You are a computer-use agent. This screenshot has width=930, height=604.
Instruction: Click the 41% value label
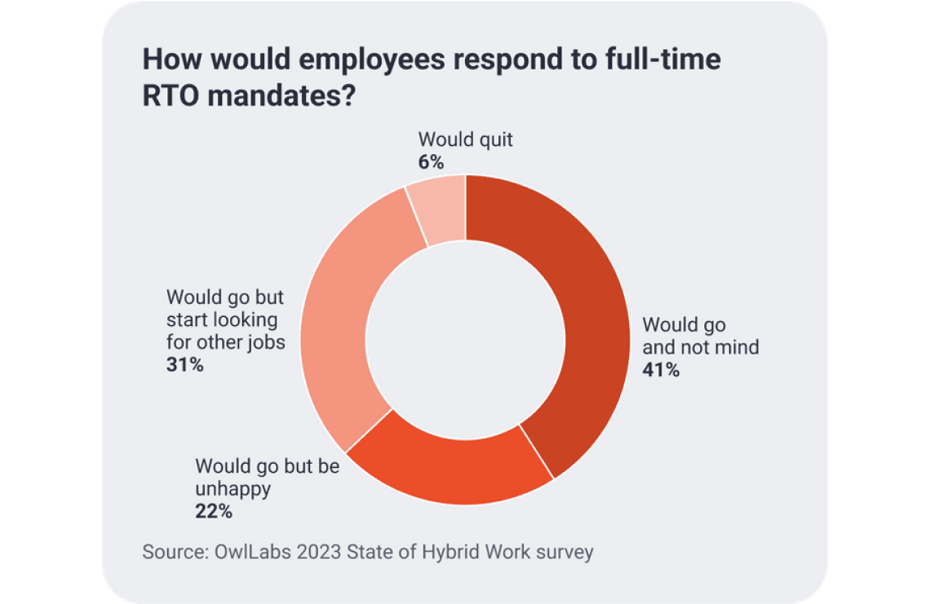pos(661,370)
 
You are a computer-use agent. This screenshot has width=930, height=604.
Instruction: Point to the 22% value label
pos(214,512)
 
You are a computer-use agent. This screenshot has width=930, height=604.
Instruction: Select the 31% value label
pos(184,364)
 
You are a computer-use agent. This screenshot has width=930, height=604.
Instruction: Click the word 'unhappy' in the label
pos(232,490)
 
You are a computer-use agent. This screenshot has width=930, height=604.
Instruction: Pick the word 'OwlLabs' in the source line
pos(254,552)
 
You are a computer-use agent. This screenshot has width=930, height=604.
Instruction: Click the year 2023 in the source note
pos(320,552)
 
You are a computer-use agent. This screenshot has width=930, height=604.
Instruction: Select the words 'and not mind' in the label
pos(701,347)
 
